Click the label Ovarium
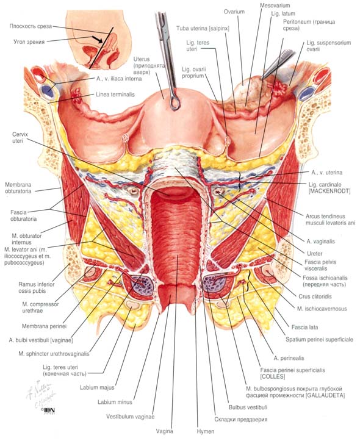(234, 12)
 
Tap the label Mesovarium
(275, 5)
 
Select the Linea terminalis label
(115, 95)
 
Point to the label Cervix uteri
(20, 137)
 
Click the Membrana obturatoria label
(18, 188)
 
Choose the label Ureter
(315, 253)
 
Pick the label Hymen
(205, 431)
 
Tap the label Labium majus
(97, 387)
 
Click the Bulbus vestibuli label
(248, 407)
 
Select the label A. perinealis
(289, 358)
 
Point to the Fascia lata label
(304, 328)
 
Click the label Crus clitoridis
(315, 296)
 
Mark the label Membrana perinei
(44, 326)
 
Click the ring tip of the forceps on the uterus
(175, 103)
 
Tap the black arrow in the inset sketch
(97, 39)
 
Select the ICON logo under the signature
(48, 411)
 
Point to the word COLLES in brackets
(273, 376)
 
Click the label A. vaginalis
(320, 242)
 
